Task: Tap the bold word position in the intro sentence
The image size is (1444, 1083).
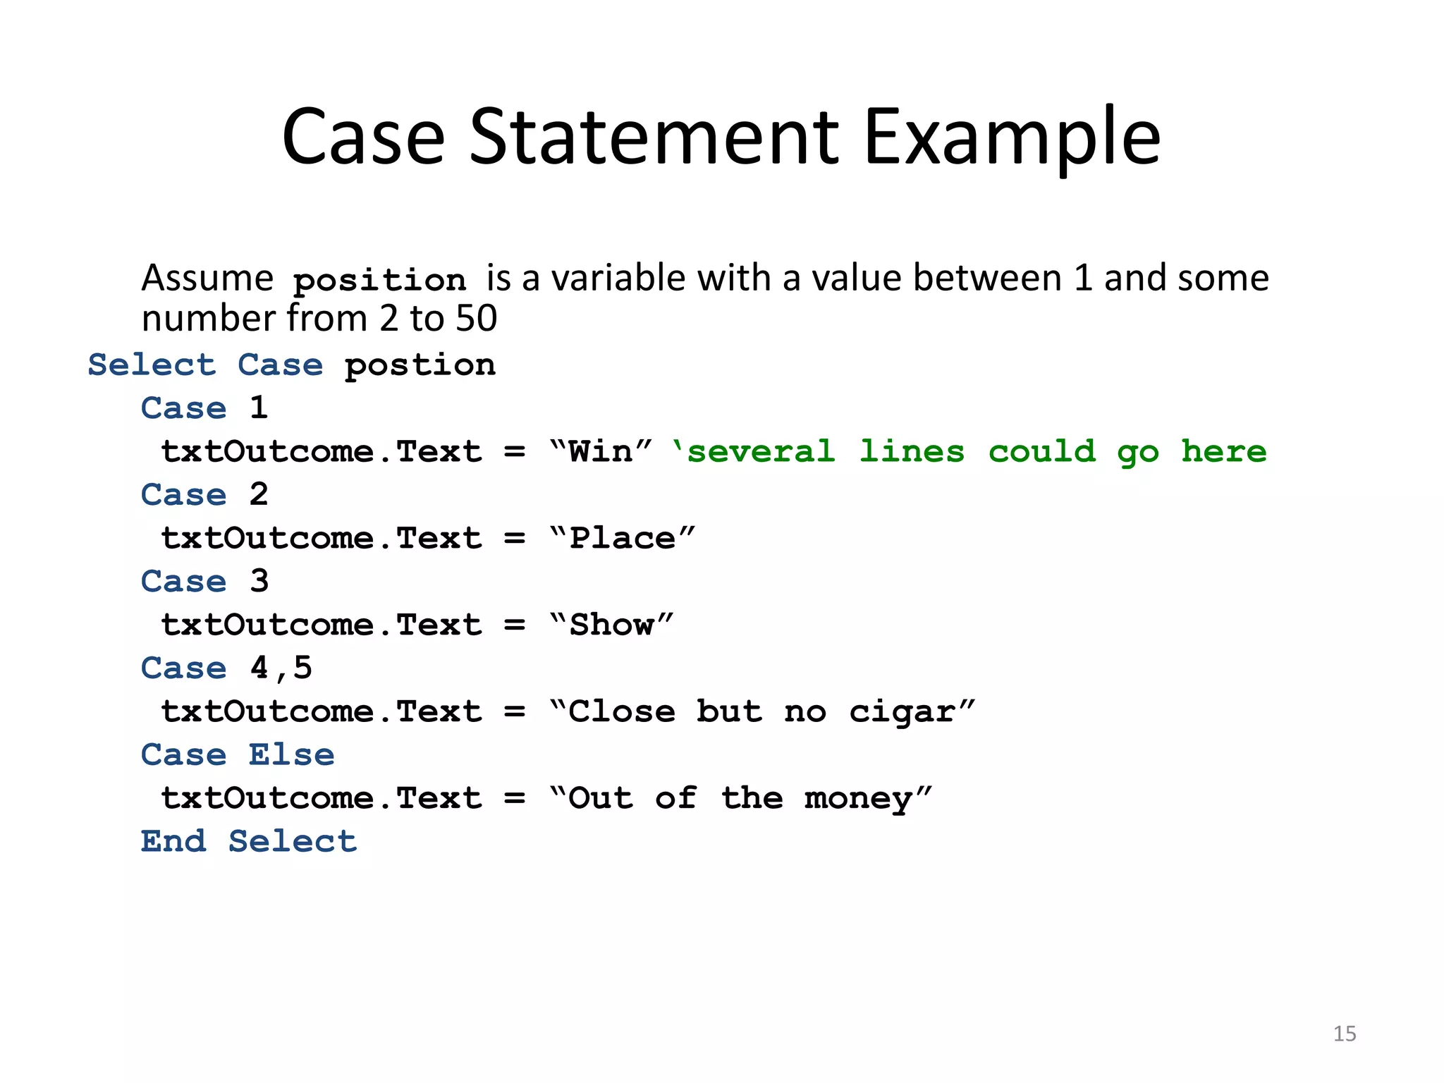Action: [379, 281]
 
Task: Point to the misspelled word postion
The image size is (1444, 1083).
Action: [420, 366]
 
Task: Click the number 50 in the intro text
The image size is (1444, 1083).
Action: [477, 319]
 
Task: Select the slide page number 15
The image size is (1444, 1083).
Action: [1344, 1034]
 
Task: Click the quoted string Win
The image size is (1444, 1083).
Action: [601, 452]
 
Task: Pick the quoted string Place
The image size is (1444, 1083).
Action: [623, 539]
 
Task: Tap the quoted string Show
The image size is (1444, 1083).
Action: [611, 625]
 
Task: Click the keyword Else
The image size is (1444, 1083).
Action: [291, 755]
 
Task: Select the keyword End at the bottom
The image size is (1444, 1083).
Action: [173, 842]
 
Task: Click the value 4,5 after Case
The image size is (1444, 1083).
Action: [281, 668]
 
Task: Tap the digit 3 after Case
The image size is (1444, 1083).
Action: [259, 582]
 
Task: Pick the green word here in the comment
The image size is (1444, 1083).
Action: [1224, 452]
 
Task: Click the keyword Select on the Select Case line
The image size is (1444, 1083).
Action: [152, 366]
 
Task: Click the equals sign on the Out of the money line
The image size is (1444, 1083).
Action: [515, 799]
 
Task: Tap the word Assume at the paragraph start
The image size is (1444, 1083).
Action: [207, 279]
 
